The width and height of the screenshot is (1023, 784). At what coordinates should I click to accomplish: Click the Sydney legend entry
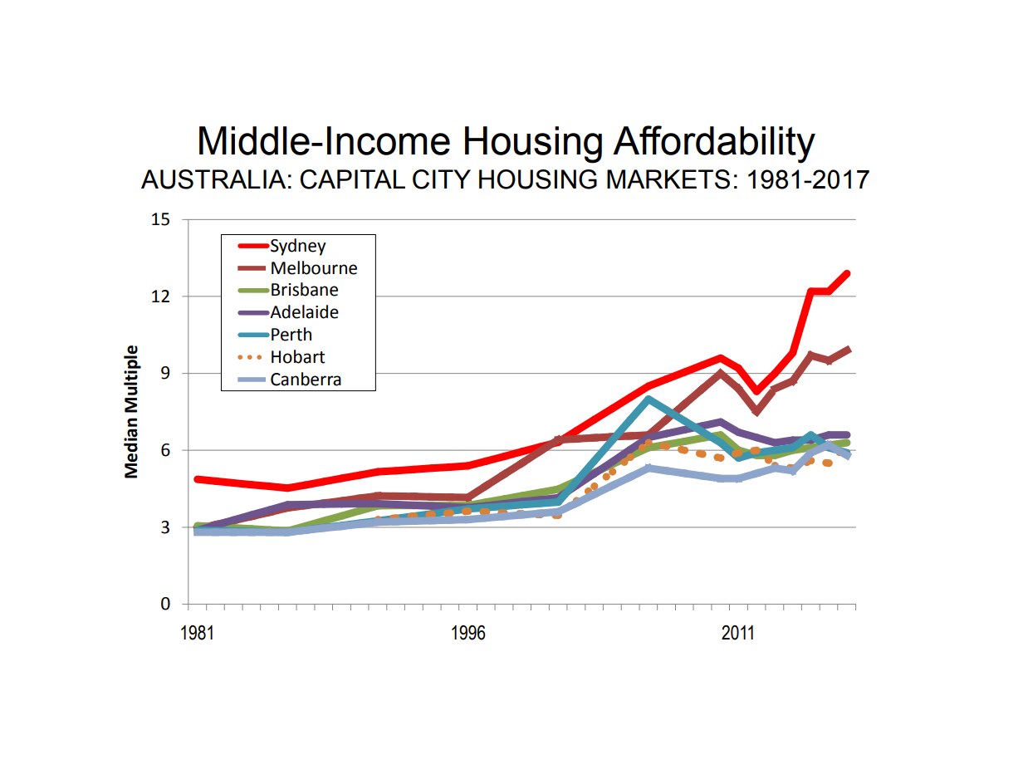pos(297,246)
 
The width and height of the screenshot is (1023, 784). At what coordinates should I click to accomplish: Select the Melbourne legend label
pos(313,268)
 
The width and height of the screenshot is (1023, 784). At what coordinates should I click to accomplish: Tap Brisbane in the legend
pos(304,291)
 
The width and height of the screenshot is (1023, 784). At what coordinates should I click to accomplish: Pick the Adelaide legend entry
pos(304,313)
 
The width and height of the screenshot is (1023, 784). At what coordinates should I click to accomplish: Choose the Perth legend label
pos(291,336)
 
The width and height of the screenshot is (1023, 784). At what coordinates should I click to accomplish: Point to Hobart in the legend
pos(297,358)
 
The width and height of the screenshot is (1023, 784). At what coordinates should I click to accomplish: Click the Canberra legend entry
pos(306,380)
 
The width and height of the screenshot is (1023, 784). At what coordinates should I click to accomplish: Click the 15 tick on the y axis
pos(160,220)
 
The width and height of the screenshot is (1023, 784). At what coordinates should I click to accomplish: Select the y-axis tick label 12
pos(160,296)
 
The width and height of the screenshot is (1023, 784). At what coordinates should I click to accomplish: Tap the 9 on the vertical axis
pos(164,374)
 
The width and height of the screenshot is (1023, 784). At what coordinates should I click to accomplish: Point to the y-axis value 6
pos(164,450)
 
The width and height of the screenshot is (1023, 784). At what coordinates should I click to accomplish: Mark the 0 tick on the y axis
pos(164,605)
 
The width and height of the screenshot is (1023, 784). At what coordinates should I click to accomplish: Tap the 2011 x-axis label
pos(737,634)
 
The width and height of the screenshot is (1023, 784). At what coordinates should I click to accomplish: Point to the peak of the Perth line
pos(648,399)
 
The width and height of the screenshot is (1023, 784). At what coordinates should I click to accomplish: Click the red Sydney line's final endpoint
pos(848,273)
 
